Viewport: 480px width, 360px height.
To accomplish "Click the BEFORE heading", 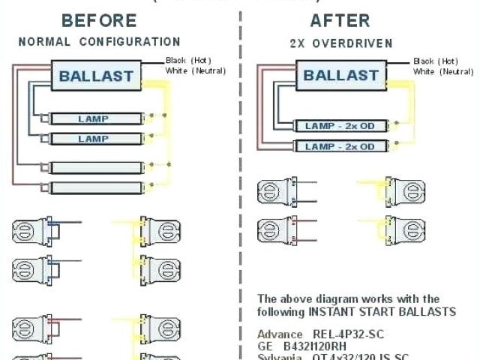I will coord(99,19).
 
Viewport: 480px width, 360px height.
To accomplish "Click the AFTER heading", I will coord(340,19).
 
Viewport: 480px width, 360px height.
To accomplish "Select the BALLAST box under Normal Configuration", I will coord(96,75).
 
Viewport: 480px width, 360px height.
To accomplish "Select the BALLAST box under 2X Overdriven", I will coord(340,75).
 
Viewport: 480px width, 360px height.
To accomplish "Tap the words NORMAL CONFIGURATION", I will coord(99,42).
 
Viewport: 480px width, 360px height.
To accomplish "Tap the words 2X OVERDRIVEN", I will coord(340,43).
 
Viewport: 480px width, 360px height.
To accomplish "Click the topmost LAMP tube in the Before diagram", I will coord(93,119).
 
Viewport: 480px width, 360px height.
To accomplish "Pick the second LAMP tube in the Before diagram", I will coord(93,139).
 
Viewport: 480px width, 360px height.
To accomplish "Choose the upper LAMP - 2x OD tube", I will coord(339,126).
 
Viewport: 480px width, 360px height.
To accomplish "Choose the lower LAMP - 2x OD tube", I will coord(339,146).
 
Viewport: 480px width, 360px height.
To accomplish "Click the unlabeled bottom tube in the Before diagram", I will coord(93,187).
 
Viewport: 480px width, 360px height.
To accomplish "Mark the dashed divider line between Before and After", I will coord(241,180).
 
